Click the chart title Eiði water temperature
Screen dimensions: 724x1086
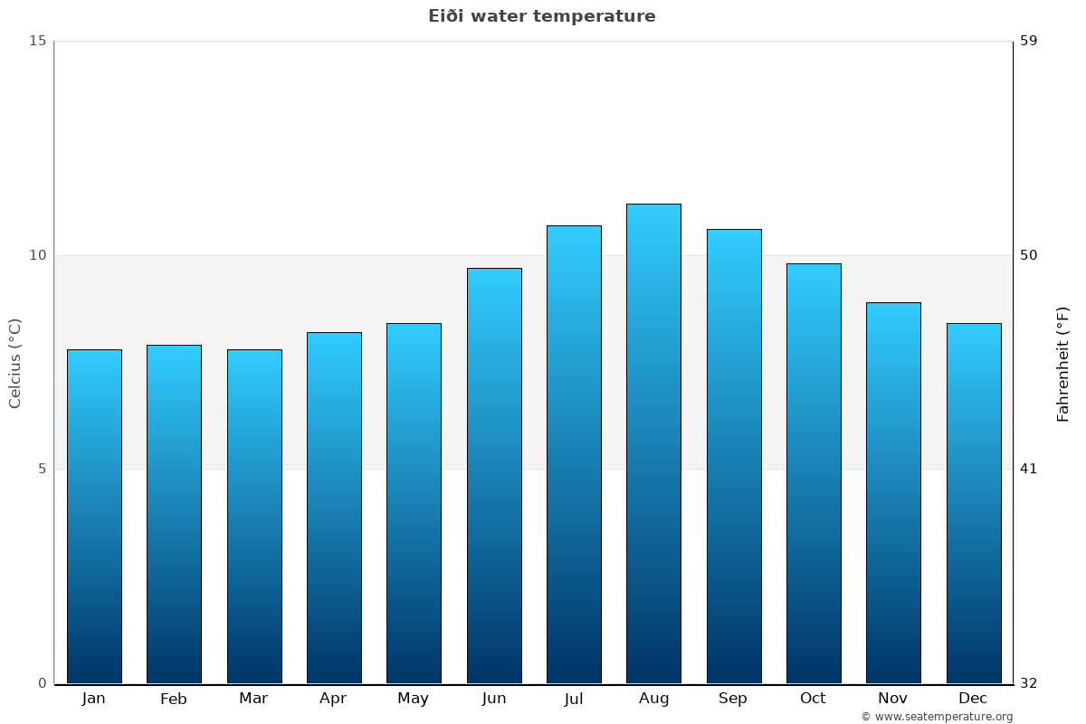[541, 16]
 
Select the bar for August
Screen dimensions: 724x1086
[653, 443]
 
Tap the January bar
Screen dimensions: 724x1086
[94, 516]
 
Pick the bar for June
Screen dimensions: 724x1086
[494, 475]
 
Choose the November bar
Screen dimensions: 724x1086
[893, 493]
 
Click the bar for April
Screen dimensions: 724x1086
[334, 508]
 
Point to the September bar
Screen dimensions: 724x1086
[734, 456]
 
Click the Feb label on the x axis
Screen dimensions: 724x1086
[174, 699]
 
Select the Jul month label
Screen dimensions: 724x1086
[574, 699]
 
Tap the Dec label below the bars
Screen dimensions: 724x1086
[973, 699]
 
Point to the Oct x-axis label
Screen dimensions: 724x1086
[813, 699]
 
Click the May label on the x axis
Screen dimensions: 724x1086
[414, 699]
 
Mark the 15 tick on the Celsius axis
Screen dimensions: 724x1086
[37, 41]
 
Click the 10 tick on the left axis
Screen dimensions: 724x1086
[37, 255]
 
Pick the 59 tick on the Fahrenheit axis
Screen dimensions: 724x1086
[1028, 41]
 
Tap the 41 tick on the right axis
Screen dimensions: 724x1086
[1028, 469]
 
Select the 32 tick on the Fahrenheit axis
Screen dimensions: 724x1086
[1028, 683]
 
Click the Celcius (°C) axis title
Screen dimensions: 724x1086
[15, 363]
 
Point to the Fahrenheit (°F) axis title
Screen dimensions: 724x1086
[1063, 363]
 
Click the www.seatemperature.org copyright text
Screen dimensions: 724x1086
[937, 717]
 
